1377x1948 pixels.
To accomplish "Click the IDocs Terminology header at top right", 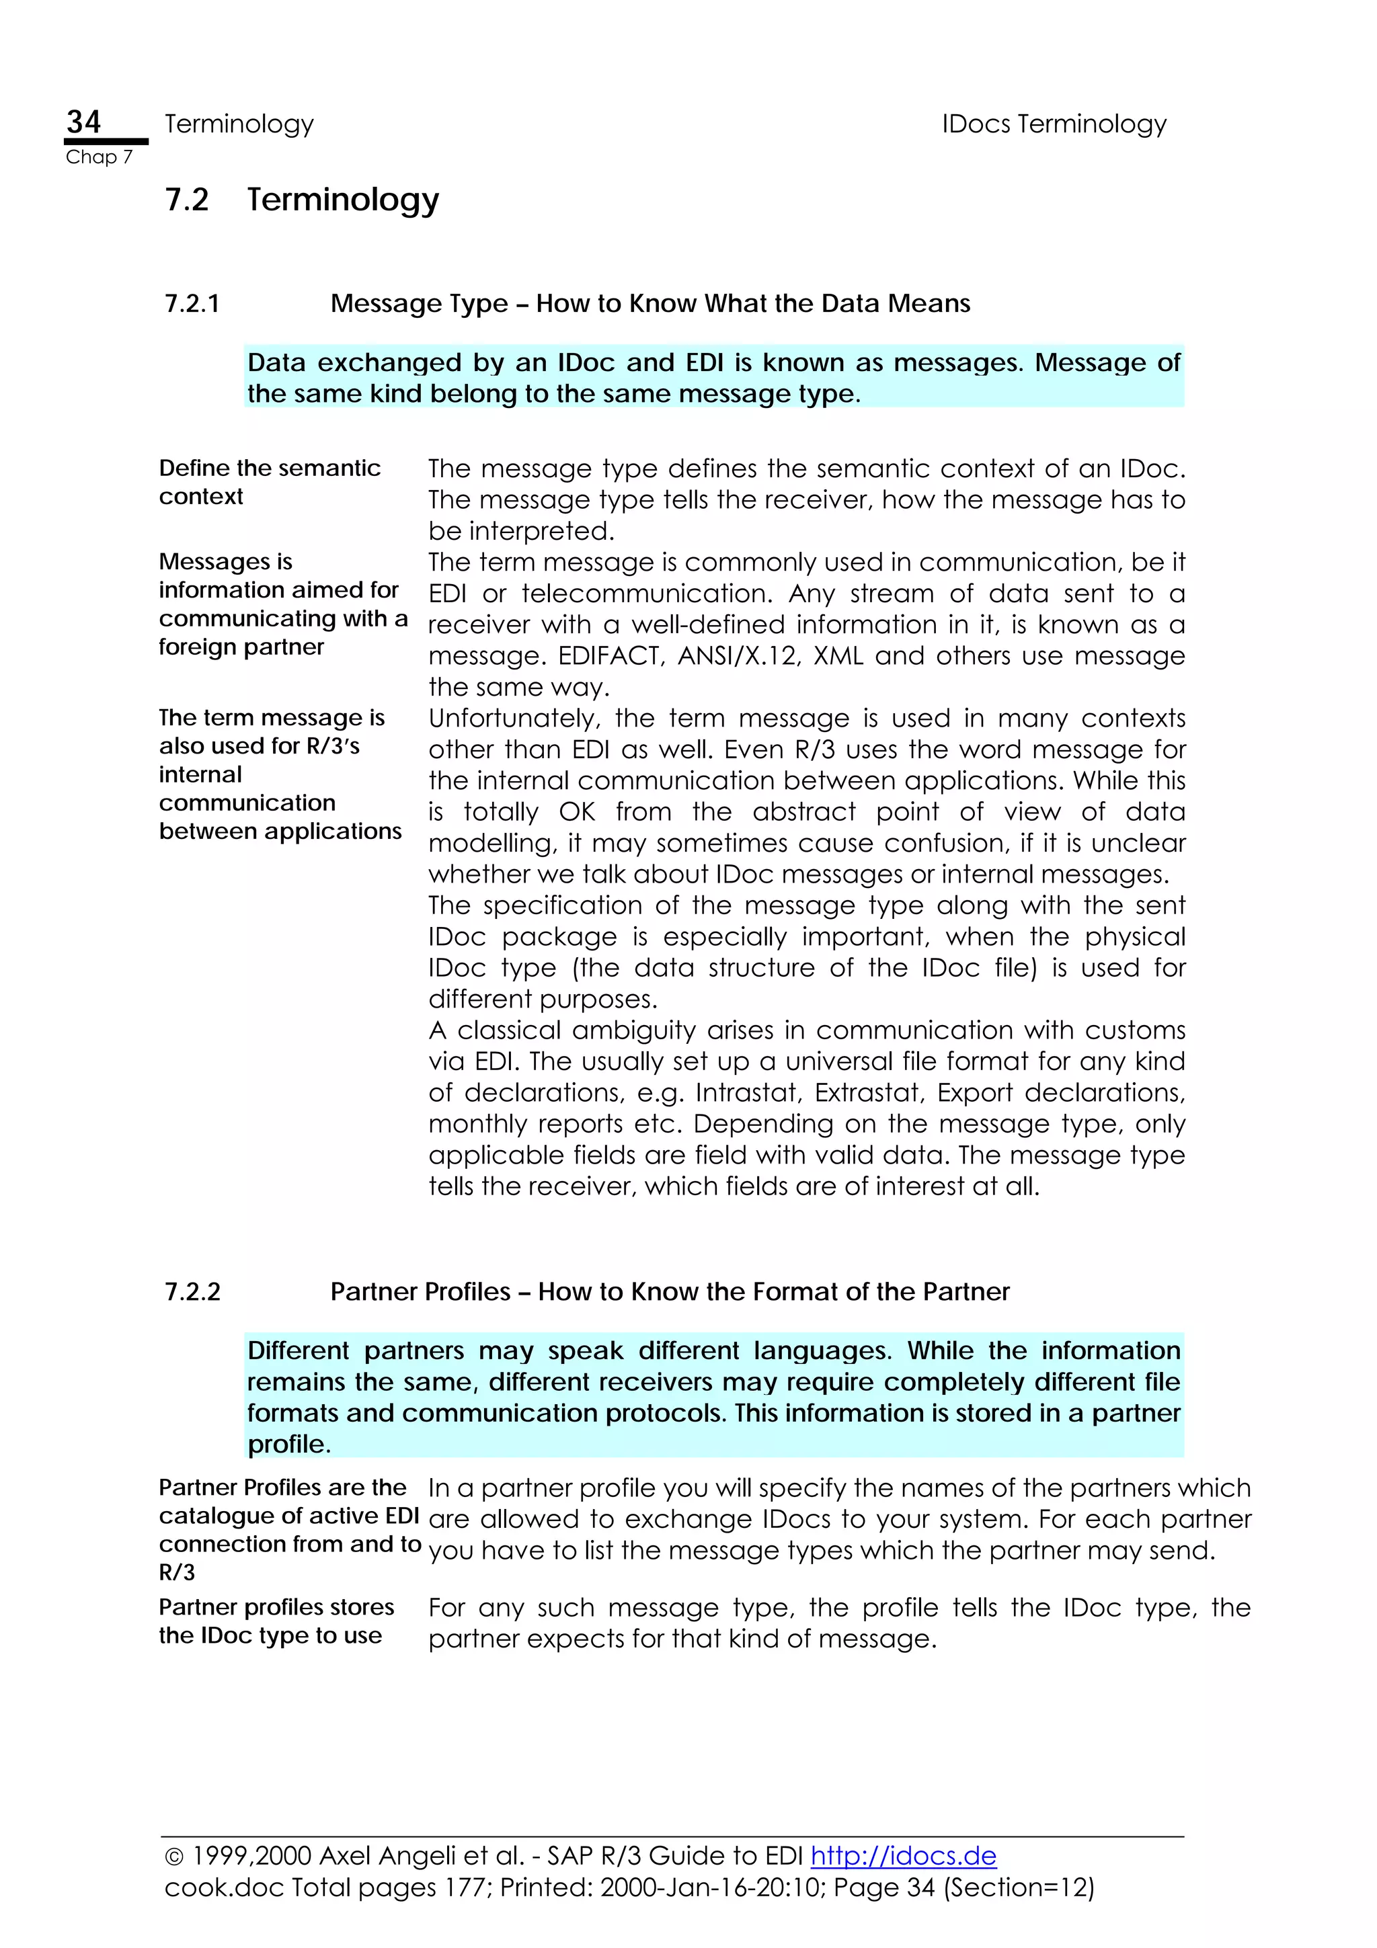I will click(x=1053, y=124).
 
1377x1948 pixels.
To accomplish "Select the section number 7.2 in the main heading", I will click(x=187, y=200).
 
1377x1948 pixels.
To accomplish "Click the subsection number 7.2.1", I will click(x=192, y=304).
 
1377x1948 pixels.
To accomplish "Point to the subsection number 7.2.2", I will click(x=192, y=1291).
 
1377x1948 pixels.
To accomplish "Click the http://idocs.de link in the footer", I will click(x=903, y=1855).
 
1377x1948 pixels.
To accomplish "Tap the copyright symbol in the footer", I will click(x=174, y=1857).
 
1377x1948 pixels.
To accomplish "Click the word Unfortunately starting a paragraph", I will click(x=512, y=719).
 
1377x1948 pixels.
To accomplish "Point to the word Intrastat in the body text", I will click(x=748, y=1093).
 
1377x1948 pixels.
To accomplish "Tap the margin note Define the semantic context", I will click(x=269, y=482).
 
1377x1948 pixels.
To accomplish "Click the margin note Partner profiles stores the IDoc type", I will click(x=276, y=1621).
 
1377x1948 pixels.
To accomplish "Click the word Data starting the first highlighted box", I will click(x=276, y=363).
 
